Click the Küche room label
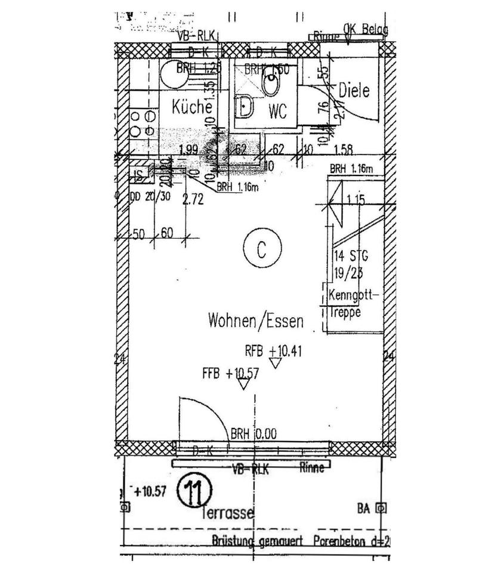pyautogui.click(x=192, y=107)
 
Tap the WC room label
pyautogui.click(x=278, y=111)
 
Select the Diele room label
pyautogui.click(x=354, y=91)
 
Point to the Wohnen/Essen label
pyautogui.click(x=255, y=321)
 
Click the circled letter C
pyautogui.click(x=261, y=250)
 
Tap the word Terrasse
pyautogui.click(x=228, y=512)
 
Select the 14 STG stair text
pyautogui.click(x=351, y=257)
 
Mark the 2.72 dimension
pyautogui.click(x=193, y=201)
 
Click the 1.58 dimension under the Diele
pyautogui.click(x=344, y=149)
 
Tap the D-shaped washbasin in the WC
pyautogui.click(x=245, y=107)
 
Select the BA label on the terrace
pyautogui.click(x=364, y=509)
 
